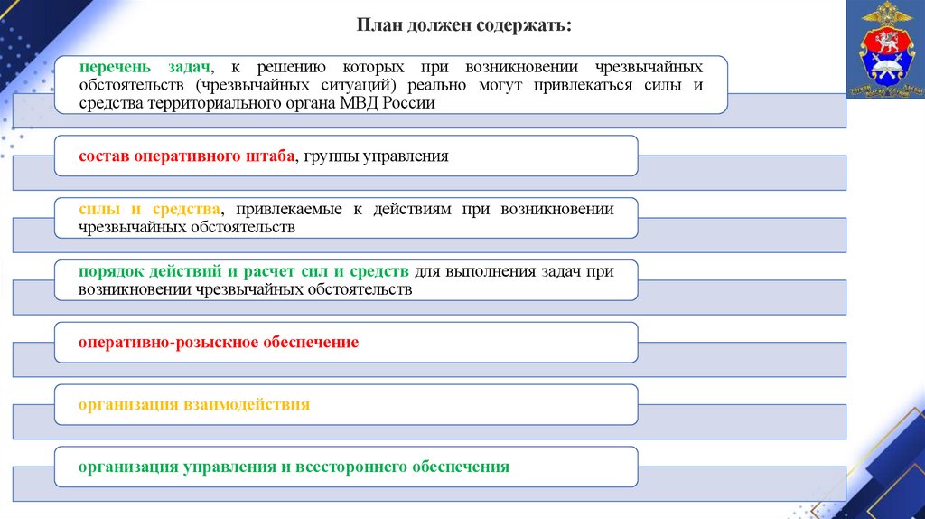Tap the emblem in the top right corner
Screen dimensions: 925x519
pyautogui.click(x=885, y=51)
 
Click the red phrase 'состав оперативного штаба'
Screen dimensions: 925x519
pyautogui.click(x=187, y=156)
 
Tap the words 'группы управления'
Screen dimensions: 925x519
pyautogui.click(x=376, y=156)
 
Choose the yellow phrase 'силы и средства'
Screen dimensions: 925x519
pyautogui.click(x=149, y=209)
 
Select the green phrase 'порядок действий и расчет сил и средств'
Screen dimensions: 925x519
pyautogui.click(x=245, y=271)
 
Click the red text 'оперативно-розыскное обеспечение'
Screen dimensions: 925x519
pyautogui.click(x=219, y=343)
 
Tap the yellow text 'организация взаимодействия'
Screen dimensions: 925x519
pyautogui.click(x=194, y=404)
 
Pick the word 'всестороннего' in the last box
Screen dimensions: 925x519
pyautogui.click(x=350, y=467)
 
